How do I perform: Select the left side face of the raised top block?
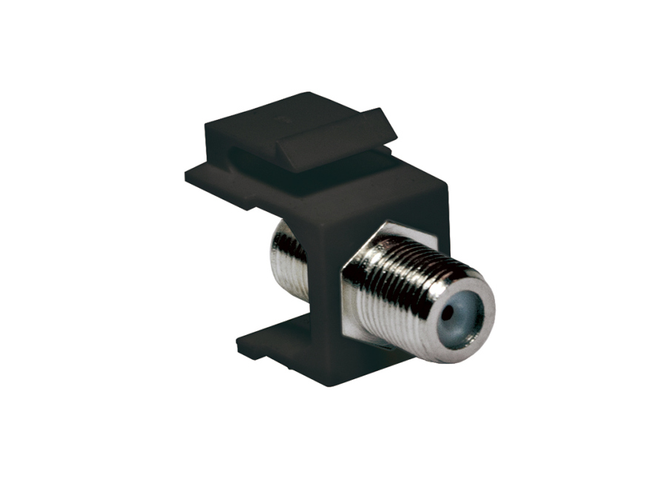pyautogui.click(x=215, y=137)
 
